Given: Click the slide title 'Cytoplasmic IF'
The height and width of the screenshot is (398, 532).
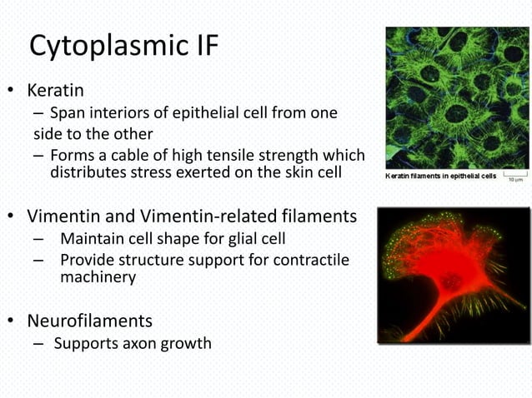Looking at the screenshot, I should (x=123, y=47).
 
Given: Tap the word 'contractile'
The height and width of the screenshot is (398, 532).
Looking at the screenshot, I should (x=310, y=260).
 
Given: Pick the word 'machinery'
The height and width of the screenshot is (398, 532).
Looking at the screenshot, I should (x=98, y=277).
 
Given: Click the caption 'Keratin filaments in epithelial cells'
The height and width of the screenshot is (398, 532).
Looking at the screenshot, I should (x=440, y=177).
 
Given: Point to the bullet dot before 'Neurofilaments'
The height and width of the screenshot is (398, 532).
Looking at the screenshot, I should (x=12, y=321).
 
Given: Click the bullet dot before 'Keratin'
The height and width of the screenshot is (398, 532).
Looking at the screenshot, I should (x=12, y=90).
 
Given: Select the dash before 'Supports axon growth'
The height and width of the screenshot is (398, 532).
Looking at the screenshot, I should (x=40, y=343).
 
